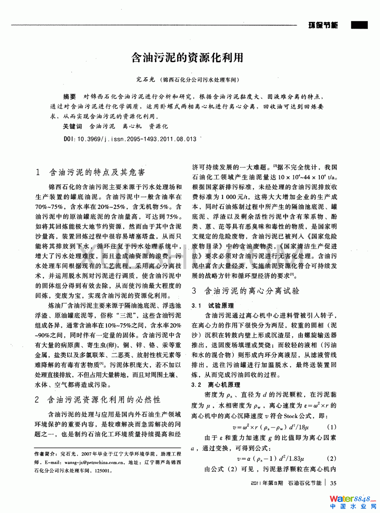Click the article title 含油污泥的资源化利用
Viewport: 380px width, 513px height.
(187, 58)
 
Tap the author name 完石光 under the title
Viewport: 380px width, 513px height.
(145, 80)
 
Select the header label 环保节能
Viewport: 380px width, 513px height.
(323, 25)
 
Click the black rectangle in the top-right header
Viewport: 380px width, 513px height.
(359, 25)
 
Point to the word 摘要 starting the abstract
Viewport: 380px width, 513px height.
(69, 96)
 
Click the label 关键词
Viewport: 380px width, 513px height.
(72, 126)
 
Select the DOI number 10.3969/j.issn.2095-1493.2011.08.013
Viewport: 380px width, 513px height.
(137, 139)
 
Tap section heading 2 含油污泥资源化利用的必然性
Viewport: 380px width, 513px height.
(98, 400)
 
